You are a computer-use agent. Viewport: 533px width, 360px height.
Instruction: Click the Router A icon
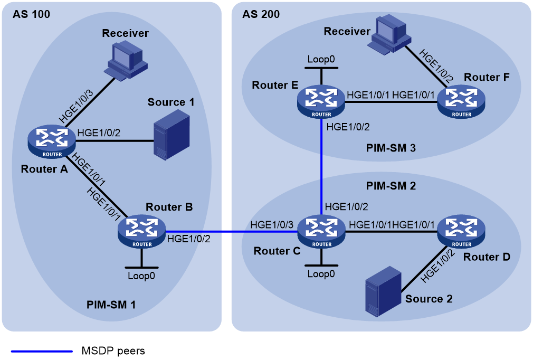point(52,142)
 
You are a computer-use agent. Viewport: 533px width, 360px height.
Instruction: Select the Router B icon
point(142,232)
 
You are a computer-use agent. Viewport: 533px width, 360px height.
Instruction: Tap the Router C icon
point(321,232)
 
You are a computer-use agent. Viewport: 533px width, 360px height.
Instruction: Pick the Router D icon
point(461,232)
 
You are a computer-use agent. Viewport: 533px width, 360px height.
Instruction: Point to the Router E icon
point(321,102)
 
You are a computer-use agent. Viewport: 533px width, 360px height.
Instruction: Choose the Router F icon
point(461,102)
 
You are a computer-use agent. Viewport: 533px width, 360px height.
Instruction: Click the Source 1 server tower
point(172,135)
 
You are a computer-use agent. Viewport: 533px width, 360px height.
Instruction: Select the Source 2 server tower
point(383,292)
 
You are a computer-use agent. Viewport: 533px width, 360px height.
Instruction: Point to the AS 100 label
point(31,14)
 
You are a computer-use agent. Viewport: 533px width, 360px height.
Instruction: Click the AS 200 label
point(261,14)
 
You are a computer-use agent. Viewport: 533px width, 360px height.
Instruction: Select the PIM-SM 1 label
point(111,305)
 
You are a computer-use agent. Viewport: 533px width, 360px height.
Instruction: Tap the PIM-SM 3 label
point(391,148)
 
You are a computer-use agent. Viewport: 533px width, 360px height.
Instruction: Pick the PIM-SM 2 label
point(391,186)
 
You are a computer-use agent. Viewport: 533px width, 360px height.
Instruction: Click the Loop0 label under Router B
point(141,276)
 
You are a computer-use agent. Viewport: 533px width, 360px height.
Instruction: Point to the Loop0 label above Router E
point(321,59)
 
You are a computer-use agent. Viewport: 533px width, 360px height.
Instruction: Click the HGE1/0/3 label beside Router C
point(272,224)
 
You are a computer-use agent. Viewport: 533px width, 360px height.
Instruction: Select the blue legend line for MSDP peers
point(42,351)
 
